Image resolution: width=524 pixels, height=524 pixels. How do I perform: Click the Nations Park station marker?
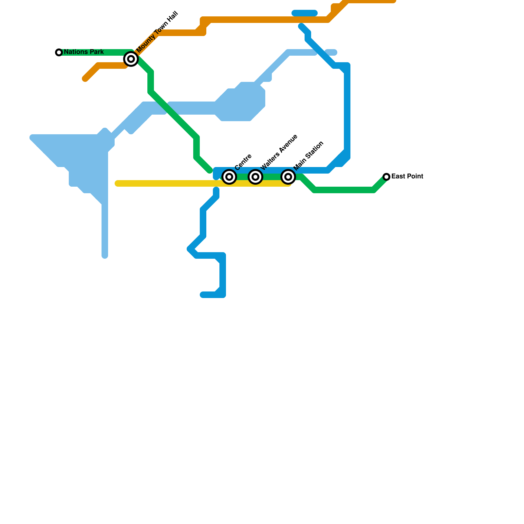coord(59,52)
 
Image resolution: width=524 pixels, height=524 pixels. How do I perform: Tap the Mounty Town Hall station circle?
coord(131,59)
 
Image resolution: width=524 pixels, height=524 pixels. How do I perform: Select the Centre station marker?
coord(229,177)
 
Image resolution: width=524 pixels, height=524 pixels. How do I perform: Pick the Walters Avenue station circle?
coord(255,177)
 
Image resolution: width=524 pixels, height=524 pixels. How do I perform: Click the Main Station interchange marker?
coord(288,177)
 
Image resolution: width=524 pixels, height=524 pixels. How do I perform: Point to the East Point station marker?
coord(386,177)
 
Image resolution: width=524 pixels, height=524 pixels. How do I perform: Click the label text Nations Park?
coord(84,52)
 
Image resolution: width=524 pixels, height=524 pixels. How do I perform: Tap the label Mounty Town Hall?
coord(157,32)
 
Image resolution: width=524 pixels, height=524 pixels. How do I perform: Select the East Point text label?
coord(407,177)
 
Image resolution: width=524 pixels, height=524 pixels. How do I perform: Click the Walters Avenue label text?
coord(279,152)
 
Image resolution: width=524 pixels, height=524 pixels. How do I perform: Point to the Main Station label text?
coord(309,156)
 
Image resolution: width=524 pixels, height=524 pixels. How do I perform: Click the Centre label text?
coord(243,162)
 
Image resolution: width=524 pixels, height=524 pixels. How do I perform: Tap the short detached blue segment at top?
coord(305,13)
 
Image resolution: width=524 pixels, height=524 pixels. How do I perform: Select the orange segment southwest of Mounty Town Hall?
coord(105,65)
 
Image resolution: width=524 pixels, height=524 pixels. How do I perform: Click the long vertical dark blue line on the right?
coord(347,111)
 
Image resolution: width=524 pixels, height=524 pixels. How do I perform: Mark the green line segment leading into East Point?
coord(380,184)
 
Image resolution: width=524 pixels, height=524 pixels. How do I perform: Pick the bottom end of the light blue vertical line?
coord(105,256)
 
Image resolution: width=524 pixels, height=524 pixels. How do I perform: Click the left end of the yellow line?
coord(118,183)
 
